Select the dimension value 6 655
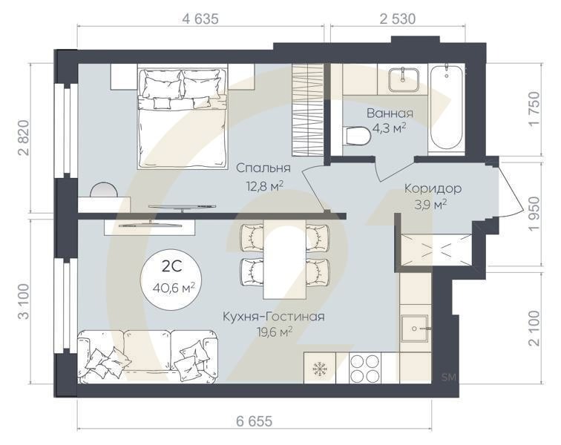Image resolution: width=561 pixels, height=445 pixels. click(x=255, y=421)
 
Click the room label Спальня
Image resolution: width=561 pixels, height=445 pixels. click(x=258, y=168)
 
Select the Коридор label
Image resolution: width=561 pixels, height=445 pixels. click(x=433, y=188)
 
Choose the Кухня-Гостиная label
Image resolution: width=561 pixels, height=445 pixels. click(x=273, y=317)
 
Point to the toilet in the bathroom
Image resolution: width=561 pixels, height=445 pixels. click(x=358, y=136)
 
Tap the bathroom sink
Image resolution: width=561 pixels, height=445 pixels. click(x=401, y=77)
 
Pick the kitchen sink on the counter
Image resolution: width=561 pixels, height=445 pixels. click(x=413, y=325)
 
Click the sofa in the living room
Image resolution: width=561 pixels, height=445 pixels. click(x=148, y=357)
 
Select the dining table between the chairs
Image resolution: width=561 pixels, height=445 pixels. click(x=285, y=256)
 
